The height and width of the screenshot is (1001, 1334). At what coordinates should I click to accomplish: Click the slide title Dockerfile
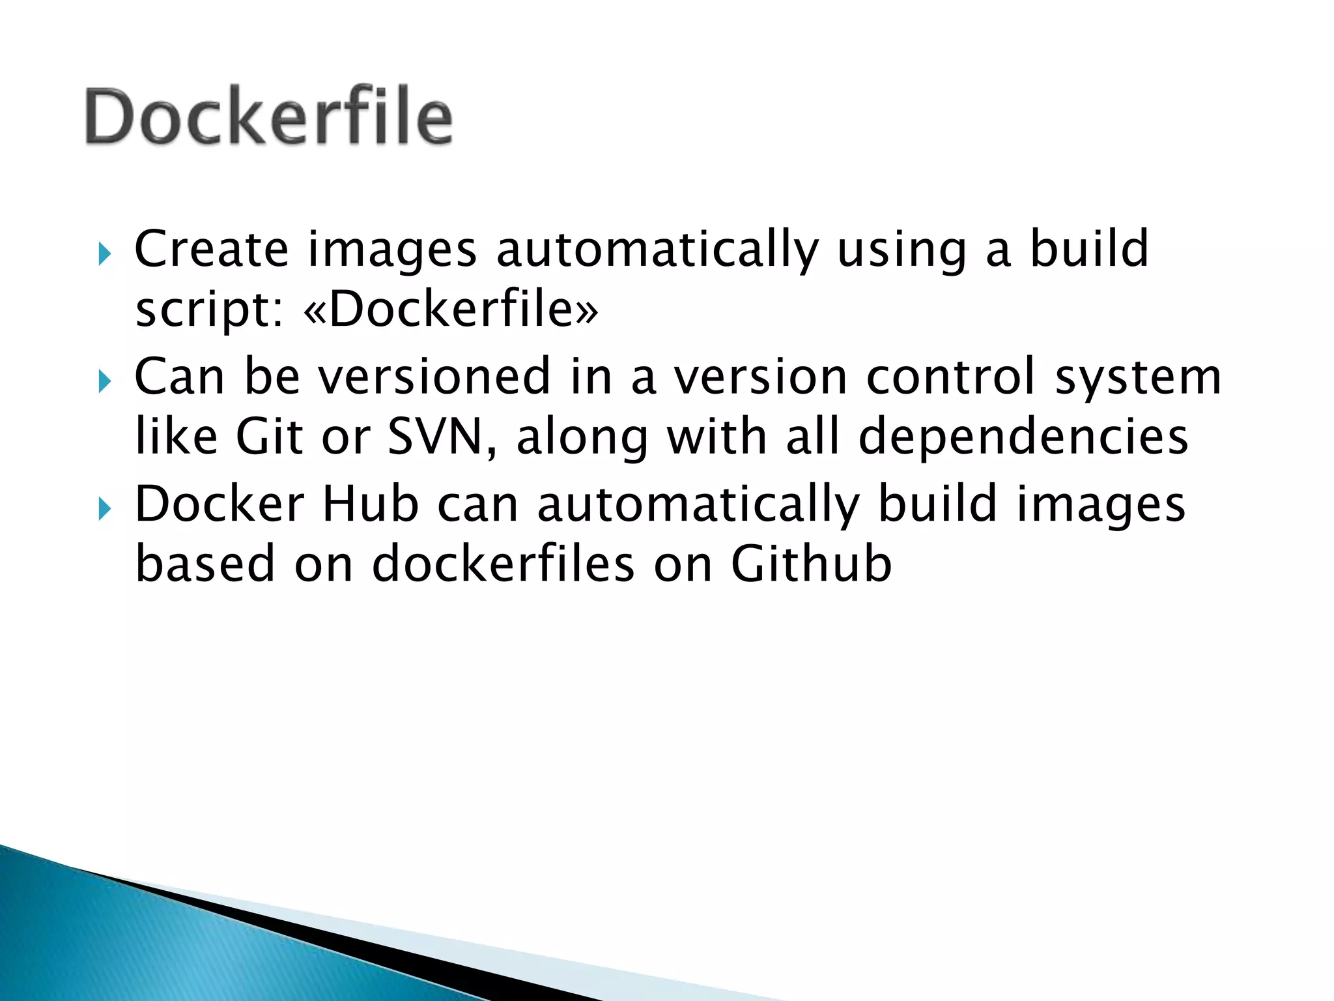pos(268,117)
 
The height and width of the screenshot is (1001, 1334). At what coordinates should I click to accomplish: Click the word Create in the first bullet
pos(211,250)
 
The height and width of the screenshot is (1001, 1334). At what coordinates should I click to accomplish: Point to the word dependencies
pos(1023,438)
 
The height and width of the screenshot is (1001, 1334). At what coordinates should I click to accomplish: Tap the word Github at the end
pos(811,564)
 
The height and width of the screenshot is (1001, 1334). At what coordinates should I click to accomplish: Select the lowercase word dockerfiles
pos(503,564)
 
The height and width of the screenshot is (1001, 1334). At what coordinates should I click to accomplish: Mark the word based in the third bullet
pos(205,564)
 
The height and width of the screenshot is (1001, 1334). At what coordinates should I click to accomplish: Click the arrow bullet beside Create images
pos(104,254)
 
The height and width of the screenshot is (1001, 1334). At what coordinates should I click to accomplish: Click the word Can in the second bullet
pos(179,377)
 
